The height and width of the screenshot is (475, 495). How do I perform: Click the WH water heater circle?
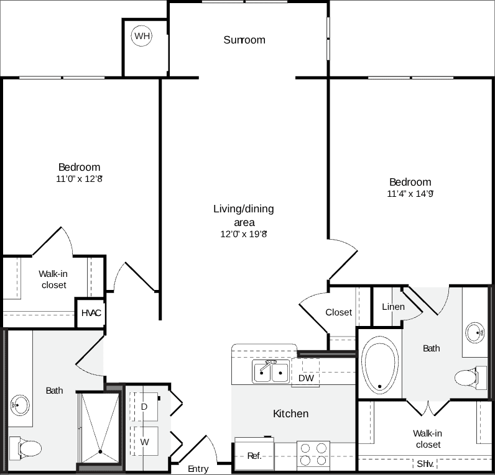[142, 36]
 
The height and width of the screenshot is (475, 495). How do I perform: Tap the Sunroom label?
[244, 40]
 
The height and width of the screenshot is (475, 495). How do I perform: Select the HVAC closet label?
[91, 313]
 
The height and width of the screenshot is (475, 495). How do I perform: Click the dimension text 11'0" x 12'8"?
[78, 179]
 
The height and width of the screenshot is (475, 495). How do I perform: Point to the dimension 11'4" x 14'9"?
[410, 194]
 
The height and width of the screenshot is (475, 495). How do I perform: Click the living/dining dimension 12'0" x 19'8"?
[243, 234]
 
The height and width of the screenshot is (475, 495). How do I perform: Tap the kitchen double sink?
[271, 372]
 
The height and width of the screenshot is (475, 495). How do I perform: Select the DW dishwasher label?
[305, 378]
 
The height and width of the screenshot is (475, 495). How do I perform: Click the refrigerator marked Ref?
[254, 455]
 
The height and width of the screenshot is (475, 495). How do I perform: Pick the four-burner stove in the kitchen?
[313, 454]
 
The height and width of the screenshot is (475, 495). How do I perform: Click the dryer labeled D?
[144, 407]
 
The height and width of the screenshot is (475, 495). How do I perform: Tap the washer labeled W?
[144, 442]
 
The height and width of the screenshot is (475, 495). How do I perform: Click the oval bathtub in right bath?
[380, 365]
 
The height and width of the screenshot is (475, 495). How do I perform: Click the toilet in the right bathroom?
[468, 378]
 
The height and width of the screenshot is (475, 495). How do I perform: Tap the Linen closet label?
[393, 307]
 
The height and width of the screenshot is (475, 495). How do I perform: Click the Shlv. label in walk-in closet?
[425, 464]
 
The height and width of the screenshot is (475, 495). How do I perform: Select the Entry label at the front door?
[198, 468]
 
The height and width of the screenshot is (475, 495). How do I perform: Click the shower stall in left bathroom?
[98, 428]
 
